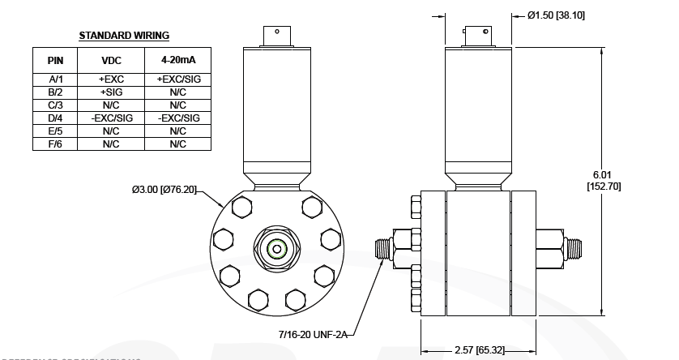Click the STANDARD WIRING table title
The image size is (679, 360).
point(123,36)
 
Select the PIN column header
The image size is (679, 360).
point(54,61)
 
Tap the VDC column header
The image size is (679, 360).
point(110,61)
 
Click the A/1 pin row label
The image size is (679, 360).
point(54,79)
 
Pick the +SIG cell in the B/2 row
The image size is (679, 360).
point(110,92)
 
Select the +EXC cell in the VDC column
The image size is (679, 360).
point(110,79)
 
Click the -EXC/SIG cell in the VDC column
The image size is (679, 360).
point(110,118)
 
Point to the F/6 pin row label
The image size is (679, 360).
point(54,144)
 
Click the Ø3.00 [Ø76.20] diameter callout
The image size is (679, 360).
point(164,190)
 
